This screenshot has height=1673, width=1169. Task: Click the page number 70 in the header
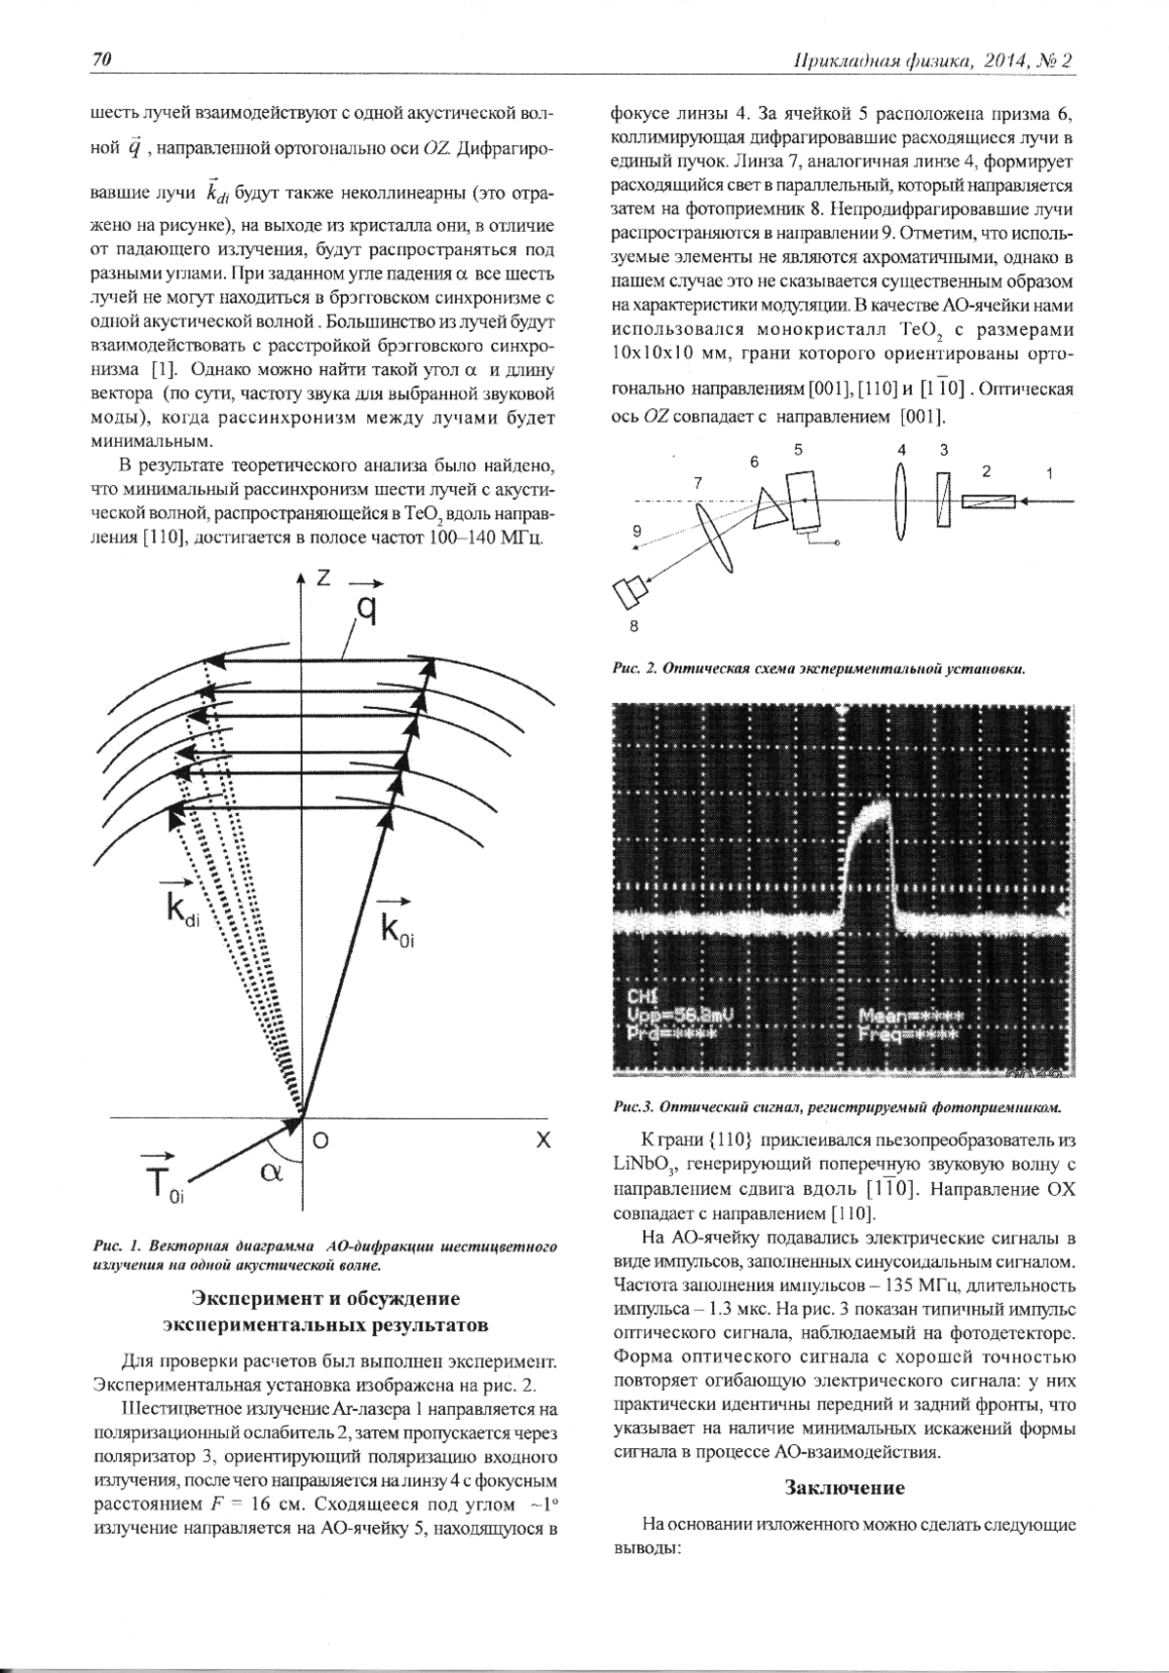102,60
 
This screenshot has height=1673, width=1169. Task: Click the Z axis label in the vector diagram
324,577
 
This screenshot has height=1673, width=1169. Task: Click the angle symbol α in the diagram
272,1172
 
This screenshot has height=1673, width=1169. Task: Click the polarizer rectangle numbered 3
943,501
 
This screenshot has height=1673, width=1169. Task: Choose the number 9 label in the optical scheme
636,532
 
